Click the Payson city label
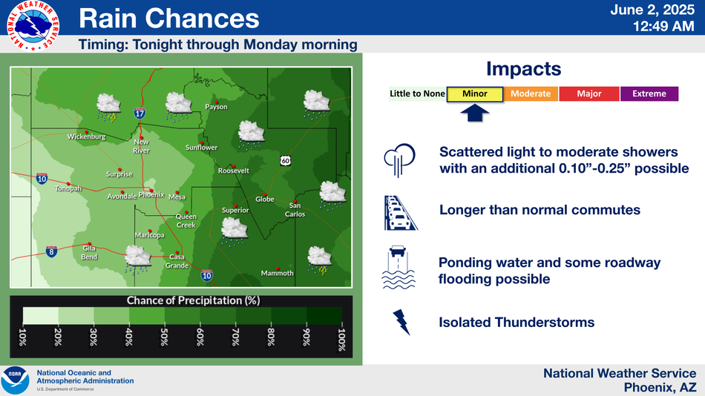click(216, 107)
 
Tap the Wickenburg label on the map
click(86, 136)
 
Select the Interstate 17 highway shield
click(140, 113)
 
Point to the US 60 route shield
click(285, 160)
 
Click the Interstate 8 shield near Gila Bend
click(51, 251)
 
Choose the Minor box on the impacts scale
click(475, 94)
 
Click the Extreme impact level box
click(649, 94)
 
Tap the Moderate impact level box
click(531, 94)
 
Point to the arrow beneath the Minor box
click(475, 113)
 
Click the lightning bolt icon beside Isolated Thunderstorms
click(401, 322)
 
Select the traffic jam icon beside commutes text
click(400, 213)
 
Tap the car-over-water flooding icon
click(399, 267)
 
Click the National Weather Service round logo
click(33, 26)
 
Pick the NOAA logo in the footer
click(15, 380)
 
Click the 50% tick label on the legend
click(165, 337)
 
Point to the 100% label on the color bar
click(341, 340)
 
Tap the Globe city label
click(265, 199)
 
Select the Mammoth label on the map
click(277, 274)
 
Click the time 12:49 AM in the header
click(663, 27)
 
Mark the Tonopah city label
click(68, 188)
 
